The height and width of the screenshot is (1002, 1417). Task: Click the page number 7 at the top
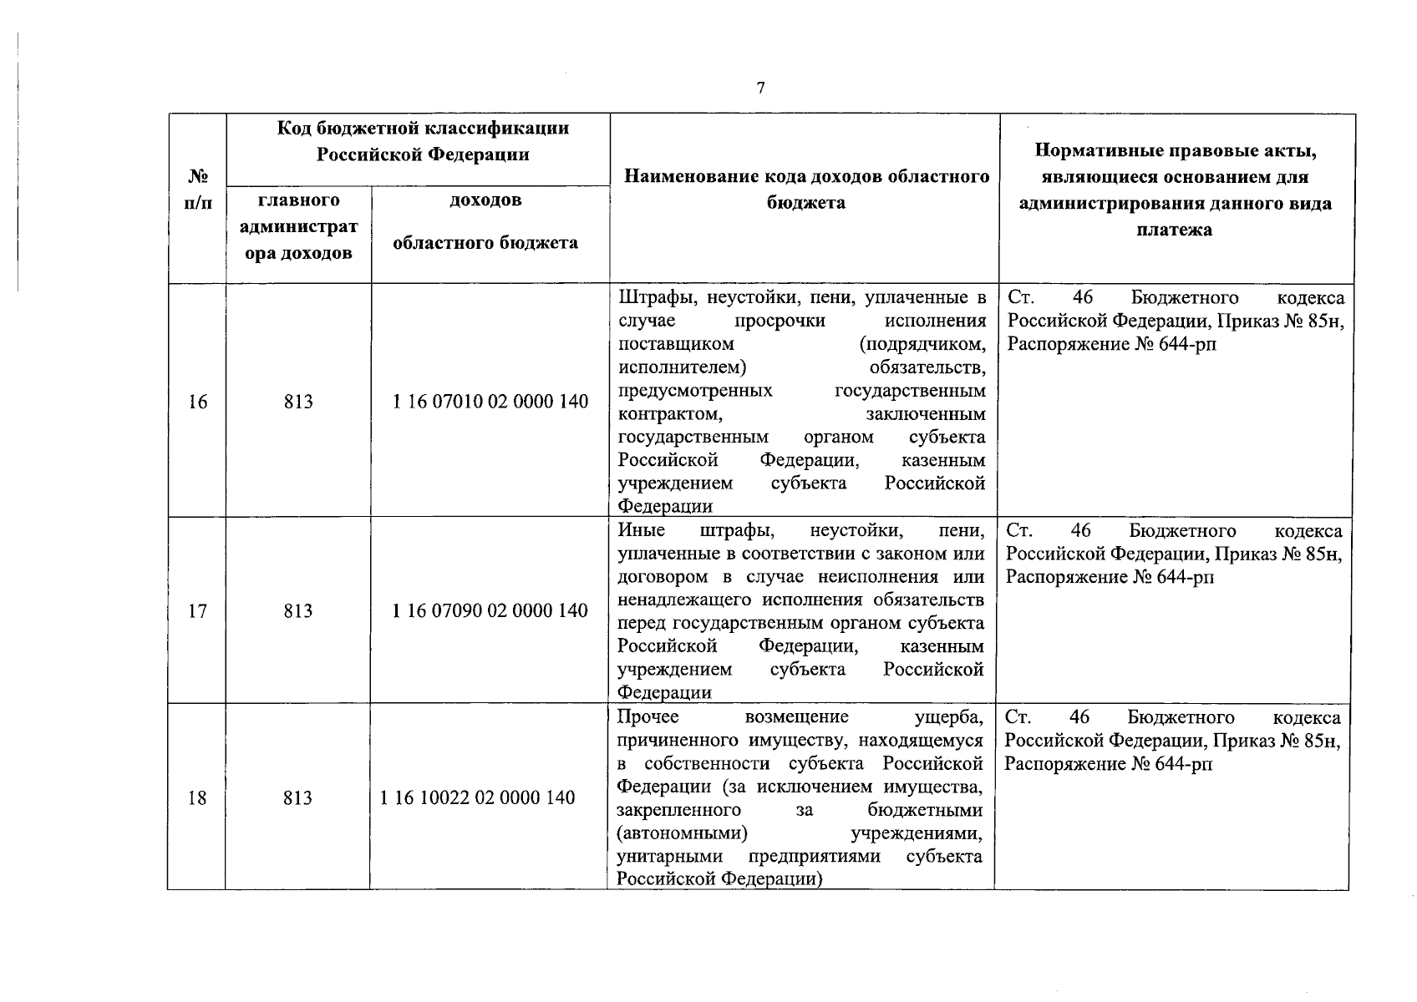[760, 89]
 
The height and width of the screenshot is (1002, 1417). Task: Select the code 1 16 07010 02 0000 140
[490, 402]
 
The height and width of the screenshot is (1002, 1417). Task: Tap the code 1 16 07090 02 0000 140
[490, 610]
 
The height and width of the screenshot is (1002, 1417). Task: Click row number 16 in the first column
[197, 402]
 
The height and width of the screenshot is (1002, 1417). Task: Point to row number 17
[197, 610]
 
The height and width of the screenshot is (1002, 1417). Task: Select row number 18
[197, 797]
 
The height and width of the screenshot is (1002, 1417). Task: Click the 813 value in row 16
[298, 402]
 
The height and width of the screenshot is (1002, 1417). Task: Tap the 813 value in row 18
[297, 797]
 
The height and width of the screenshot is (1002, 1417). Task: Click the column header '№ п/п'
[198, 190]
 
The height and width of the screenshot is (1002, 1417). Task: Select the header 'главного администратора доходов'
[298, 226]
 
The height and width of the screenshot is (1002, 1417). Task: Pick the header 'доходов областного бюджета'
[485, 222]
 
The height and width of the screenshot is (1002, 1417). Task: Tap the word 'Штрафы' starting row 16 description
[656, 298]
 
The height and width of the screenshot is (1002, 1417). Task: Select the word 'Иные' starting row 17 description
[642, 531]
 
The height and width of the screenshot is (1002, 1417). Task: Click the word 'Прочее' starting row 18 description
[648, 717]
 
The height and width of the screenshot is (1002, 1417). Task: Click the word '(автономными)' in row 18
[681, 833]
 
